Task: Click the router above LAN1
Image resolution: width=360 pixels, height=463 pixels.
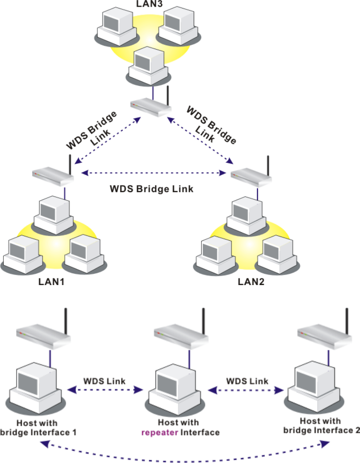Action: pos(52,175)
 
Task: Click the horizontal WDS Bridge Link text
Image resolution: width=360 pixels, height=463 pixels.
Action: pos(151,189)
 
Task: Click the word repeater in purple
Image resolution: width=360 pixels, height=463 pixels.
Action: pos(161,432)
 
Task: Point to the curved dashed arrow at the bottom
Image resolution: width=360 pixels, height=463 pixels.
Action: pos(184,455)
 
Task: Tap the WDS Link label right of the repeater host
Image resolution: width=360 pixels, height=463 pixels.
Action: pos(247,381)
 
